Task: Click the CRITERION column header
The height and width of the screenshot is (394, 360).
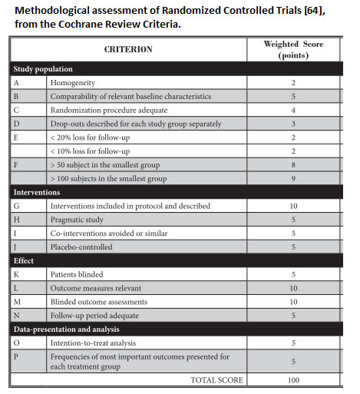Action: [127, 49]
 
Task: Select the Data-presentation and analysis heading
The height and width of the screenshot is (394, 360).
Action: [65, 329]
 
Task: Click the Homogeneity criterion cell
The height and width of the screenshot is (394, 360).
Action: [74, 82]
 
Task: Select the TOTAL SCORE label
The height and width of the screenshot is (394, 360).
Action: [216, 379]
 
